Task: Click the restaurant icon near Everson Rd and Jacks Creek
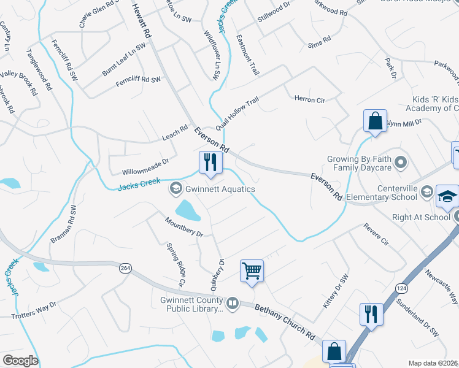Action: tap(210, 163)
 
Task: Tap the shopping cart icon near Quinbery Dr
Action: tap(252, 270)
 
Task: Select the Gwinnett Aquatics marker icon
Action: tap(175, 189)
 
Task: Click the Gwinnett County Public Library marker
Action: tap(233, 302)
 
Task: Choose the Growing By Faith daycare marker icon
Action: tap(401, 163)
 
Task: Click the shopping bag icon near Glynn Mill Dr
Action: tap(374, 121)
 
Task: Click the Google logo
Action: tap(21, 361)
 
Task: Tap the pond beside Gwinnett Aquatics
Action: tap(188, 210)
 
